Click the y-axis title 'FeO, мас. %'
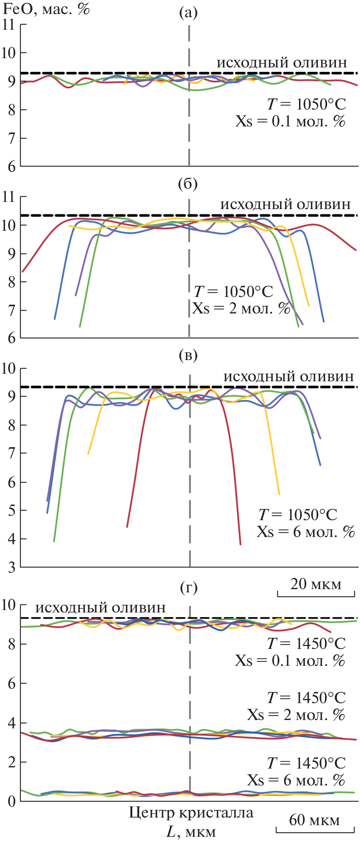tap(46, 9)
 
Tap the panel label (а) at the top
tap(188, 13)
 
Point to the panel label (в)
tap(188, 355)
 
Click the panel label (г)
tap(188, 588)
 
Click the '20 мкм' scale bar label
tap(316, 584)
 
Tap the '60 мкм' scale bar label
tap(315, 820)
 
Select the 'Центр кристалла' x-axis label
tap(191, 813)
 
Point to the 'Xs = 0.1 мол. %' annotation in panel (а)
tap(290, 121)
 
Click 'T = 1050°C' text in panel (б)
tap(233, 292)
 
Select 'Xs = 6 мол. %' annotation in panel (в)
tap(306, 532)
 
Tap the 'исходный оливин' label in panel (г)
tap(100, 608)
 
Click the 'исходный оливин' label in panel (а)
tap(282, 63)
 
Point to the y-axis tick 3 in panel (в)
tap(12, 567)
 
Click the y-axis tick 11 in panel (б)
tap(8, 197)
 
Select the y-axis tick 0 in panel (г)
tap(12, 801)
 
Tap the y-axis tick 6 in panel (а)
tap(12, 167)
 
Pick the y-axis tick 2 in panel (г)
tap(12, 762)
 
